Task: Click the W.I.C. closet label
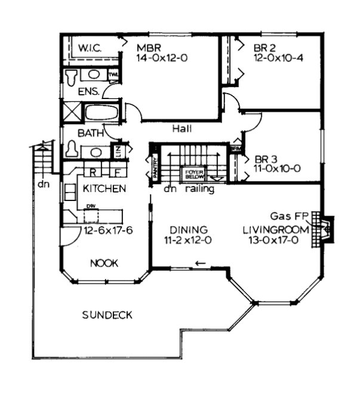pyautogui.click(x=91, y=46)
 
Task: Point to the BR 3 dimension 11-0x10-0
pyautogui.click(x=277, y=168)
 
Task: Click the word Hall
pyautogui.click(x=181, y=128)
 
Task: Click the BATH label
pyautogui.click(x=88, y=132)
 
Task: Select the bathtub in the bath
pyautogui.click(x=102, y=113)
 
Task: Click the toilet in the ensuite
pyautogui.click(x=72, y=76)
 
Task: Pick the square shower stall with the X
pyautogui.click(x=72, y=113)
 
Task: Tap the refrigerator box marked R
pyautogui.click(x=93, y=172)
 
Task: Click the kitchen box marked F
pyautogui.click(x=117, y=172)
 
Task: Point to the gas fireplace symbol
pyautogui.click(x=325, y=228)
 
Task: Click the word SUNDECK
pyautogui.click(x=107, y=315)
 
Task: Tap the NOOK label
pyautogui.click(x=104, y=262)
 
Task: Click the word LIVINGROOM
pyautogui.click(x=275, y=230)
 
